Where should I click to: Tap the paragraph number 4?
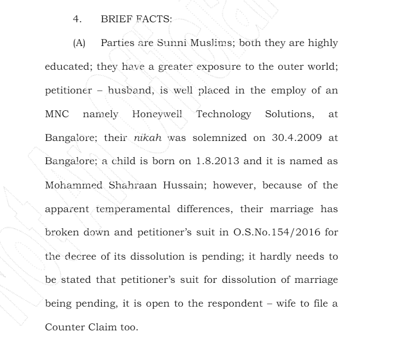click(x=76, y=19)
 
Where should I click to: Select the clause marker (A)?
click(x=79, y=43)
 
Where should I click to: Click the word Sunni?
click(x=171, y=43)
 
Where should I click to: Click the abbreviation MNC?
click(x=57, y=114)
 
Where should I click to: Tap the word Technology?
click(x=223, y=115)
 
